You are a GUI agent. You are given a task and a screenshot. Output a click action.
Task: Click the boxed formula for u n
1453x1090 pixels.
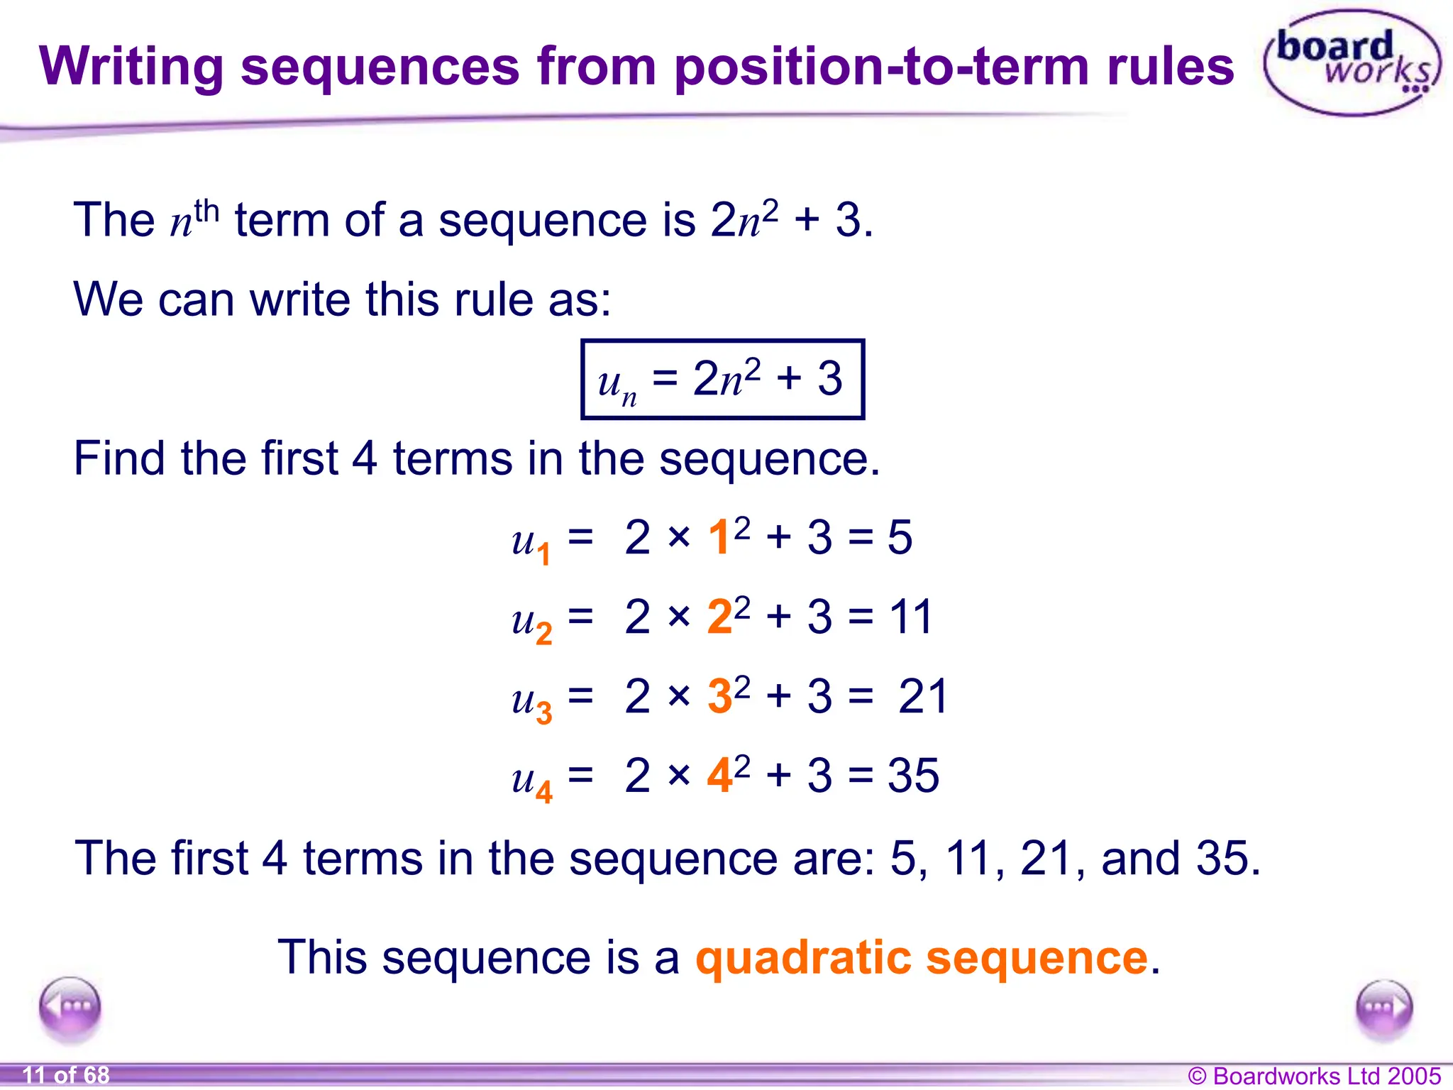722,380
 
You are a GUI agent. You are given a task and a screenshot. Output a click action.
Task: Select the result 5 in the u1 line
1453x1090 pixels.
900,537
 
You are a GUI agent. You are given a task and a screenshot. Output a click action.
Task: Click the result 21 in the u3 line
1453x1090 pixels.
922,696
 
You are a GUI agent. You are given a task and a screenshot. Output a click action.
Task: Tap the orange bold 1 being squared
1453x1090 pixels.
719,537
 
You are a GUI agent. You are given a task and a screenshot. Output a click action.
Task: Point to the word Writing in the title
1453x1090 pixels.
131,67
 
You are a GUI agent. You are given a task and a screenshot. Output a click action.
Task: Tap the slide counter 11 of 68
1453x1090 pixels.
66,1075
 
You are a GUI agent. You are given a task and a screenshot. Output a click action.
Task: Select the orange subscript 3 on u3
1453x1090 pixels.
544,712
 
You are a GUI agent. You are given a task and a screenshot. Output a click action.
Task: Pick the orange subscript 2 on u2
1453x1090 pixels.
544,633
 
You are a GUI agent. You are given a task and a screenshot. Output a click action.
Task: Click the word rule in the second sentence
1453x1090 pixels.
494,299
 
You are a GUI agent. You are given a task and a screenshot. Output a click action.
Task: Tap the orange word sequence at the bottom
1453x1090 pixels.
1037,957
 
